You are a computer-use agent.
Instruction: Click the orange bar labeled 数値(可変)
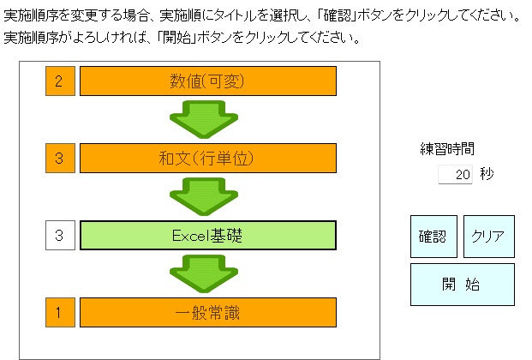(208, 81)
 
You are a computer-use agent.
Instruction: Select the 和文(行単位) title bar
(208, 159)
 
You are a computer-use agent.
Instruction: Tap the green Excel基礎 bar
(208, 236)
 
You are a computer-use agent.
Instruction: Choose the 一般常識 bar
(208, 313)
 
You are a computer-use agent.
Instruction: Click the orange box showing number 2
(60, 81)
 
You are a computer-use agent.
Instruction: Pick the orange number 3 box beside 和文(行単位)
(60, 159)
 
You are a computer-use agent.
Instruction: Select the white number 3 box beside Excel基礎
(60, 236)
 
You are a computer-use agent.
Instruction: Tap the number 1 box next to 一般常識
(60, 313)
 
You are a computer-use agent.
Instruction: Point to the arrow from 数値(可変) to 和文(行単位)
(204, 119)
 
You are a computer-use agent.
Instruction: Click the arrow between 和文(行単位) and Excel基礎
(204, 196)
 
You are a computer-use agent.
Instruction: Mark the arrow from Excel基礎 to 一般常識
(204, 273)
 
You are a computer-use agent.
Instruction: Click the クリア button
(489, 237)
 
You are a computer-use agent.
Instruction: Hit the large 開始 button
(463, 285)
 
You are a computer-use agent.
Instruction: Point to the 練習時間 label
(447, 149)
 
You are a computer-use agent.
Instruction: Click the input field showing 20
(455, 174)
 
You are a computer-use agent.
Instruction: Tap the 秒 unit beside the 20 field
(487, 174)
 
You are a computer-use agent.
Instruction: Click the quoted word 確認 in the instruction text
(338, 15)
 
